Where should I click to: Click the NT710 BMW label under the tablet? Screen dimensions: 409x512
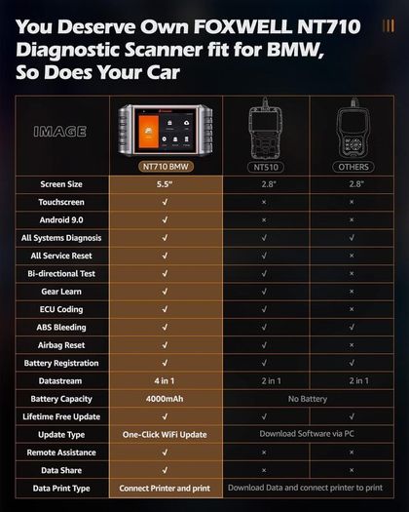tap(166, 167)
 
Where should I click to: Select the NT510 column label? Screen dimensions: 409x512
tap(266, 167)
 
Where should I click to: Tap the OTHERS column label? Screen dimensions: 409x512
tap(353, 167)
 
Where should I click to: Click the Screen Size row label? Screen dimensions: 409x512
tap(61, 184)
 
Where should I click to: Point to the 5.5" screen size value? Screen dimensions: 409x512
tap(165, 184)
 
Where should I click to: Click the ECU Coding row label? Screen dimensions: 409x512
tap(61, 309)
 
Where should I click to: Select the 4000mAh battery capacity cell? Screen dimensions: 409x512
tap(165, 399)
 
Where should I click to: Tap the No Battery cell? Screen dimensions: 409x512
tap(308, 399)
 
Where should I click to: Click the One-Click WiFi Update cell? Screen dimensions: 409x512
tap(165, 435)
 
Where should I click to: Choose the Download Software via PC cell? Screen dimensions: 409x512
tap(307, 434)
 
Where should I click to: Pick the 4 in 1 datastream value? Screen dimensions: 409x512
tap(165, 380)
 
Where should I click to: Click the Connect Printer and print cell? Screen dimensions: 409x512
tap(165, 489)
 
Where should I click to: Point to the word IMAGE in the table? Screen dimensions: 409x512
tap(60, 132)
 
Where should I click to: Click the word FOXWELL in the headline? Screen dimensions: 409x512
tap(242, 26)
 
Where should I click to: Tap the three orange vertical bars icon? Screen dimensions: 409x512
tap(389, 25)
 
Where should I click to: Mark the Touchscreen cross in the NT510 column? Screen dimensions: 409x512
tap(264, 202)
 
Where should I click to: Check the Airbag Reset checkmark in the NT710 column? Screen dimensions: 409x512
tap(165, 345)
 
